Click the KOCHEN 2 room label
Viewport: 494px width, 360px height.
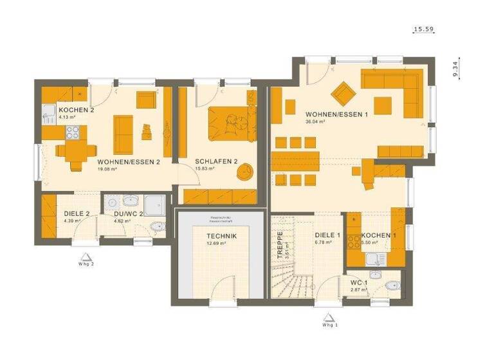[x=76, y=110]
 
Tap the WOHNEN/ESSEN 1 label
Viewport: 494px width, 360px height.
[x=336, y=114]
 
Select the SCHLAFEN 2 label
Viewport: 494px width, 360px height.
[x=217, y=161]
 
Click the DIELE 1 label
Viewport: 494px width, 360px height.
[x=327, y=235]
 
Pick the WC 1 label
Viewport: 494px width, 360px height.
[x=359, y=283]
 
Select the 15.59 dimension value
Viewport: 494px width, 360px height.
[x=423, y=30]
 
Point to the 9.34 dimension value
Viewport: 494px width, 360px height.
[x=455, y=68]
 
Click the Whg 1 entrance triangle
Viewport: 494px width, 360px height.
[x=328, y=316]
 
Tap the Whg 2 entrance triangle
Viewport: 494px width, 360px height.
[x=86, y=255]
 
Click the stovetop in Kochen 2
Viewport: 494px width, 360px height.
[x=72, y=134]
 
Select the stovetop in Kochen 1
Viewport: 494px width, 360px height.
[x=354, y=241]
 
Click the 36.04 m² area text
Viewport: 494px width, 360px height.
[x=315, y=122]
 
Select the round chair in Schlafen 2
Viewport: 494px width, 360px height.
[x=245, y=172]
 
